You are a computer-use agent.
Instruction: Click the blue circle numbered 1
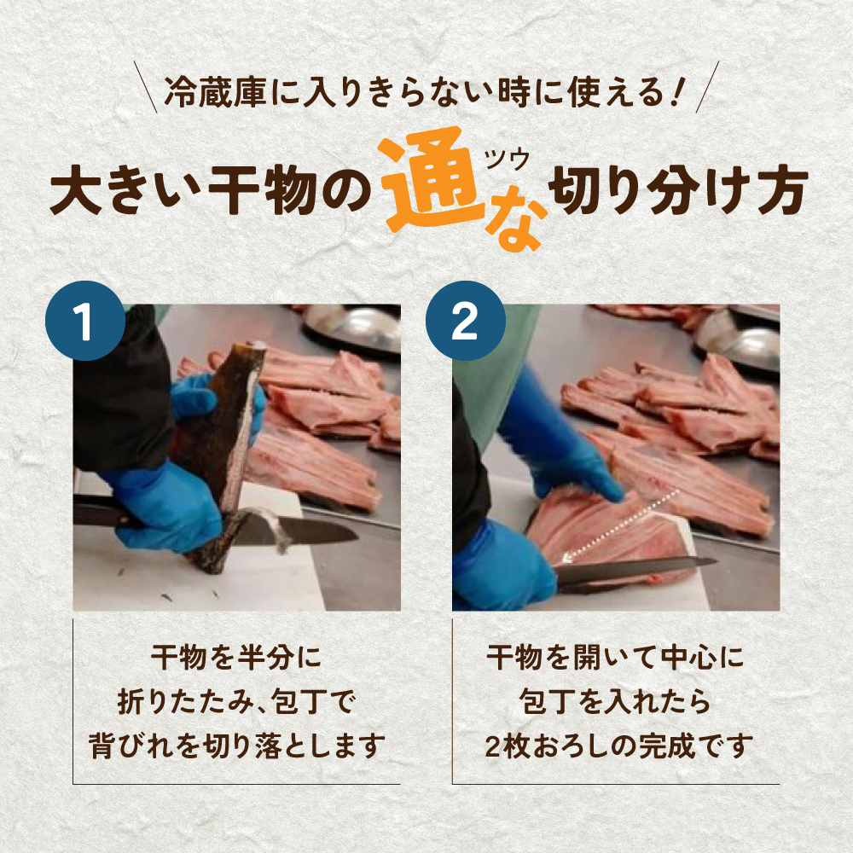pos(85,321)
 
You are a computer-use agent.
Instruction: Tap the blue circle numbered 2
pos(465,321)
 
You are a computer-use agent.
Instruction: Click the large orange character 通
pos(431,178)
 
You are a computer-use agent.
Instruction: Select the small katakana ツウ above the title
pos(507,160)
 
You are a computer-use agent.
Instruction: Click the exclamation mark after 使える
pos(676,92)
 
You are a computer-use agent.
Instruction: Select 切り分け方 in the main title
pos(678,190)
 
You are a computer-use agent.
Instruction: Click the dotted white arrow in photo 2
pos(620,525)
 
